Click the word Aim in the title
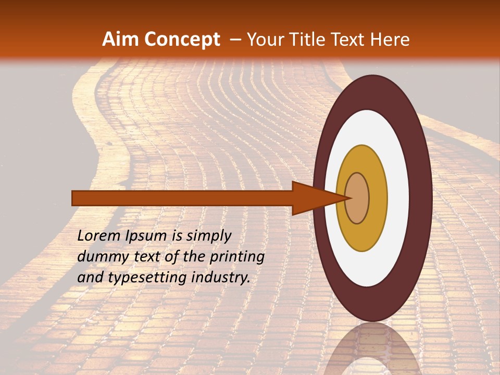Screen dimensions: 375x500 (120, 40)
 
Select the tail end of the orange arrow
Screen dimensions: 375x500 (76, 198)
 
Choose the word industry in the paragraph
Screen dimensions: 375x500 (218, 277)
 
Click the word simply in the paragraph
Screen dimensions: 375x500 (208, 236)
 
